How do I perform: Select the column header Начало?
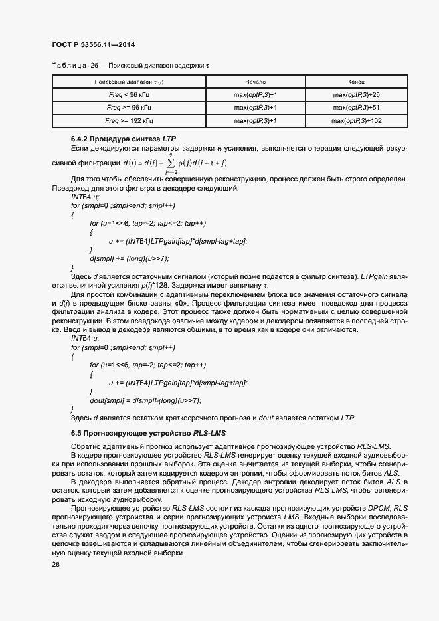(x=255, y=81)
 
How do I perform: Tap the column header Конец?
(x=356, y=81)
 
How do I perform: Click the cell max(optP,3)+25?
(x=357, y=94)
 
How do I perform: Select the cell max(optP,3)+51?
(x=357, y=107)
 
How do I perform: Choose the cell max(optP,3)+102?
(x=357, y=120)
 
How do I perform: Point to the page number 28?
(x=55, y=564)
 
